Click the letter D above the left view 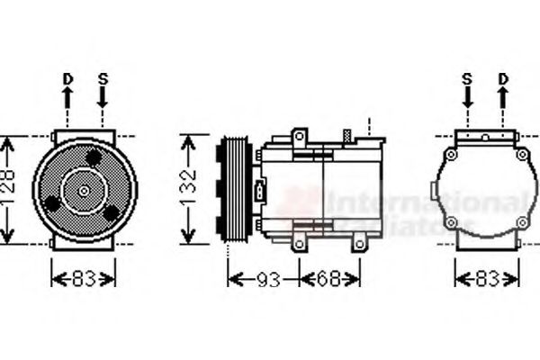pos(67,79)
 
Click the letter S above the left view pos(103,79)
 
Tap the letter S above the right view pos(467,79)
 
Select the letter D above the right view pos(503,79)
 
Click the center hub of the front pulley pos(84,191)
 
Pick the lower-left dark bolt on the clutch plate pos(54,203)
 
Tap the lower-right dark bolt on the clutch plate pos(111,212)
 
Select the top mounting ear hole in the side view pos(300,137)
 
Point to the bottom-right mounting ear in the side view pos(358,241)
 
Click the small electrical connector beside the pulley pos(260,192)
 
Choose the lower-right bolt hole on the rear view pos(521,221)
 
